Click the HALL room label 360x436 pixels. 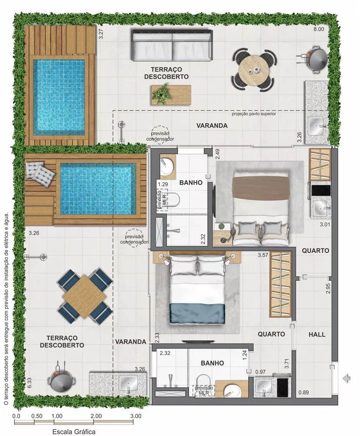click(x=317, y=334)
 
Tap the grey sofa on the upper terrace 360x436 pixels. click(x=173, y=46)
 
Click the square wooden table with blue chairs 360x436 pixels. click(x=85, y=296)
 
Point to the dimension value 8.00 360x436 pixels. click(x=319, y=29)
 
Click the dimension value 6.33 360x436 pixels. click(x=29, y=383)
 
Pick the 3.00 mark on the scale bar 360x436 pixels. click(x=135, y=416)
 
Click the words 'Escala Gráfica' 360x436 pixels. click(x=74, y=431)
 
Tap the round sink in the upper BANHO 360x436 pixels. click(x=166, y=164)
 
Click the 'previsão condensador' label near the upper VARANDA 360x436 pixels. click(x=160, y=136)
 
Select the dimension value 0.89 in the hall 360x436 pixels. click(x=304, y=392)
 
